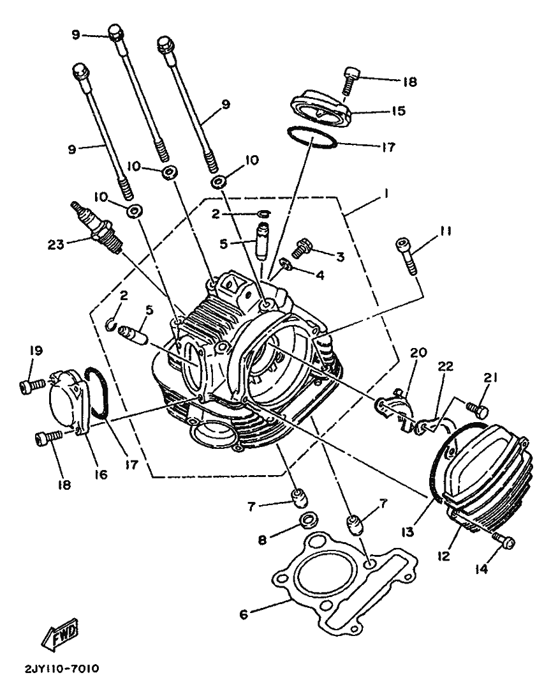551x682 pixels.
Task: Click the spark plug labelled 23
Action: (x=97, y=229)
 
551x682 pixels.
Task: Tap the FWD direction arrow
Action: (x=61, y=633)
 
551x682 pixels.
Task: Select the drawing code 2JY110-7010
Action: (x=62, y=668)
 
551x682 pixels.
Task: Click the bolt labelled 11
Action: (x=406, y=256)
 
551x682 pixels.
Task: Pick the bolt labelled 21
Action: (x=477, y=408)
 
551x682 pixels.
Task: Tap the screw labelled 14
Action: (x=504, y=540)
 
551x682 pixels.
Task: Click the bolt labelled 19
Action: (x=32, y=384)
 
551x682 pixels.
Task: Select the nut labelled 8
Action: (x=307, y=519)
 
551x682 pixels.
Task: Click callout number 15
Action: (x=397, y=110)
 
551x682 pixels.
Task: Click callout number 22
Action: (x=445, y=367)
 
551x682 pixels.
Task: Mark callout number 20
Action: (x=419, y=352)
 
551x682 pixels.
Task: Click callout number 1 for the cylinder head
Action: (x=385, y=193)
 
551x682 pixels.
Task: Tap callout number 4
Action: (x=320, y=275)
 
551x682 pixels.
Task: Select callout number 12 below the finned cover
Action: (x=444, y=555)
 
